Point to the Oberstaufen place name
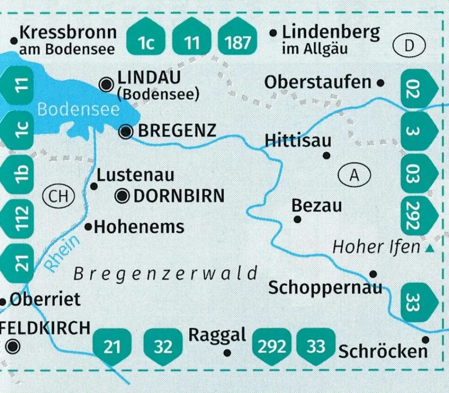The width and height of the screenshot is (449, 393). pos(318,82)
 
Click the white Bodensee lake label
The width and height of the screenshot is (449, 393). pos(79,109)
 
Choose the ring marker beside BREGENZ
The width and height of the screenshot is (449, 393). pos(127,131)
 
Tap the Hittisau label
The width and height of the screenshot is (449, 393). pos(298,140)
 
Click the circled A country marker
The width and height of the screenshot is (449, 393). pos(355,175)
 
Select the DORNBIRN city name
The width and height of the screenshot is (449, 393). pos(179,196)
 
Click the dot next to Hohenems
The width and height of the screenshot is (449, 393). pos(88,227)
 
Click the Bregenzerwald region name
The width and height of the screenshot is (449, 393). pos(166,274)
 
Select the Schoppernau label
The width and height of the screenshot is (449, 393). pos(325,287)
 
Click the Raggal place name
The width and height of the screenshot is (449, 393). pos(217,335)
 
